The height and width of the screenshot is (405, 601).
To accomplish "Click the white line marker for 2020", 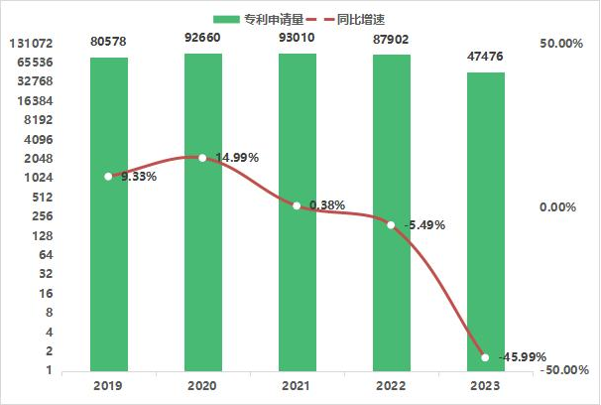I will click(x=202, y=158).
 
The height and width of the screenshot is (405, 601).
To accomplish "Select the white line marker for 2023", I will click(x=485, y=357).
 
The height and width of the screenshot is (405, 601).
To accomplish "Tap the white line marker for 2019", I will click(x=108, y=177).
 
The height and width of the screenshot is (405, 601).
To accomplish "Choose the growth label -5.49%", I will click(x=425, y=225).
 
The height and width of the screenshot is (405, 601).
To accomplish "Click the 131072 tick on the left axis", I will click(x=29, y=44).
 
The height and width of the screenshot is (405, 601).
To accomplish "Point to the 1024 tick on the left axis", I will click(x=37, y=178).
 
